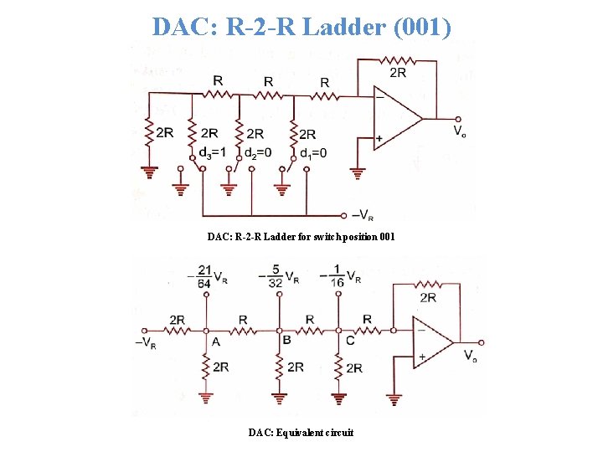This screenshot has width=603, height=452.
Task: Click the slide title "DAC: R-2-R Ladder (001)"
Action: click(301, 27)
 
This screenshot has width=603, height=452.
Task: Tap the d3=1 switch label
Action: click(212, 152)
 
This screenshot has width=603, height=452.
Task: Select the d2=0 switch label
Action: click(257, 152)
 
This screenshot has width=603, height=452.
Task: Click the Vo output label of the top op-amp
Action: click(461, 131)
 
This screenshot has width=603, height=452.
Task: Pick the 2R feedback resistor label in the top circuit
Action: click(398, 73)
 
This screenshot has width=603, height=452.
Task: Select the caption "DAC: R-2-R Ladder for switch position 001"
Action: click(301, 237)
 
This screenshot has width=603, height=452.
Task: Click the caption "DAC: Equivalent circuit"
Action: click(301, 433)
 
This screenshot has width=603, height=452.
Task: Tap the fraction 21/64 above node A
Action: click(204, 277)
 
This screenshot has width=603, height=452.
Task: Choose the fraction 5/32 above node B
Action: click(277, 277)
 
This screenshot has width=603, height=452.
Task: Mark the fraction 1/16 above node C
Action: click(338, 277)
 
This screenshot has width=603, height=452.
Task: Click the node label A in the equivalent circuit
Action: click(216, 342)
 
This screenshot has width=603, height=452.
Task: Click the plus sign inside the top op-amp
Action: click(379, 137)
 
